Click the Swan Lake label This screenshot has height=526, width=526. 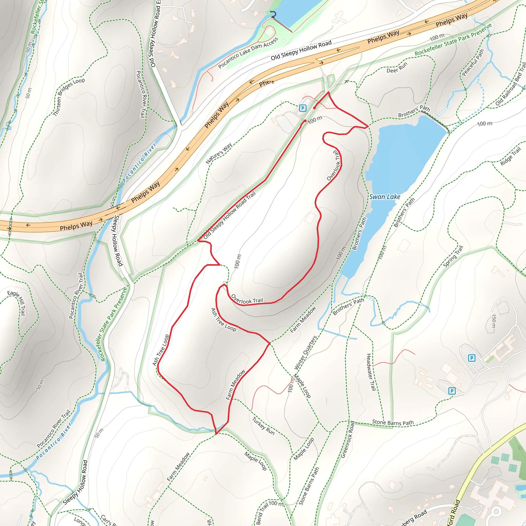(384, 197)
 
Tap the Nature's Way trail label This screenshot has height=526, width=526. (219, 153)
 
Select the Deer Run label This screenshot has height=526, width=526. (397, 68)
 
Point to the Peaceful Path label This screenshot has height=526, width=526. (473, 62)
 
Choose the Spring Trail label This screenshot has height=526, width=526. (453, 256)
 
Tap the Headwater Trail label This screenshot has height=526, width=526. (371, 372)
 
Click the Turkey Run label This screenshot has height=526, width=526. (263, 426)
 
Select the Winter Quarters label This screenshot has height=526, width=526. (305, 353)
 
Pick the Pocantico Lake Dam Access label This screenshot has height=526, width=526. (248, 53)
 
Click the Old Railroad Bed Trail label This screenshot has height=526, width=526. (511, 85)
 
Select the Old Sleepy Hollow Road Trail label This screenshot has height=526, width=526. (230, 215)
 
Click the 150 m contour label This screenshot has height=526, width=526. (494, 321)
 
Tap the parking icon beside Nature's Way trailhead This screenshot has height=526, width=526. (303, 108)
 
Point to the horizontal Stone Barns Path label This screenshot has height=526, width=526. (393, 422)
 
